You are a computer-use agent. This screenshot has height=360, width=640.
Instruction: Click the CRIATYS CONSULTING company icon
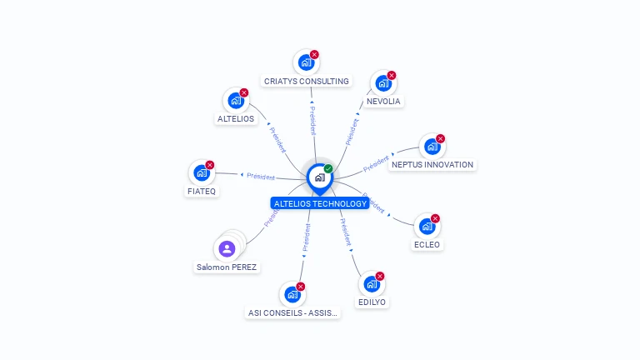[x=306, y=62]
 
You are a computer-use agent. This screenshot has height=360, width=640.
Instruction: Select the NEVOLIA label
[x=383, y=101]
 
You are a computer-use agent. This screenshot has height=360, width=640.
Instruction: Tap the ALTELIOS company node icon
[x=236, y=100]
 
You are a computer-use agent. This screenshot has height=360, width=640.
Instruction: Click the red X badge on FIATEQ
[x=210, y=165]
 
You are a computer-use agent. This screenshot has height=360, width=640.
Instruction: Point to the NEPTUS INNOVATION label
[x=432, y=164]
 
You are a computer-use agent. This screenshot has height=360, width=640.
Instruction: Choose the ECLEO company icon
[x=427, y=226]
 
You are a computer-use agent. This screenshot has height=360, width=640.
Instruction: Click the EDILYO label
[x=372, y=302]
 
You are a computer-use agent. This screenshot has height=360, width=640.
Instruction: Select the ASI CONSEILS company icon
[x=292, y=294]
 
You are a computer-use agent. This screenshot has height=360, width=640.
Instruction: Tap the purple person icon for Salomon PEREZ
[x=227, y=248]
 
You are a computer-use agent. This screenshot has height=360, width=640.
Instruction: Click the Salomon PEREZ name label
[x=227, y=267]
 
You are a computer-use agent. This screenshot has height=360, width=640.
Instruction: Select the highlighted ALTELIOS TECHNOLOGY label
[x=320, y=203]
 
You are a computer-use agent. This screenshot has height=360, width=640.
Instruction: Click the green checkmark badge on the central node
[x=328, y=168]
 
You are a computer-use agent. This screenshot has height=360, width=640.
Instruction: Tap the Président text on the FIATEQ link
[x=261, y=177]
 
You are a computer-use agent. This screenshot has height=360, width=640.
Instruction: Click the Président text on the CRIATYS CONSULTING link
[x=312, y=120]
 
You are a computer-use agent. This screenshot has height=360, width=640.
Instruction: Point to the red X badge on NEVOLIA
[x=392, y=75]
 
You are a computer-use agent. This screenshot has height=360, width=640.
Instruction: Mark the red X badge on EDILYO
[x=380, y=276]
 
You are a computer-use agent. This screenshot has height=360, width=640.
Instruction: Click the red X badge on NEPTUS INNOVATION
[x=440, y=138]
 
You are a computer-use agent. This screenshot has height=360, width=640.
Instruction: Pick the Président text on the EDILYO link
[x=346, y=232]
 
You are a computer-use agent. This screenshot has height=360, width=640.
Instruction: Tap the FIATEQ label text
[x=202, y=191]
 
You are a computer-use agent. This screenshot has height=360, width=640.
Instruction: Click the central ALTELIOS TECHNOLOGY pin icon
[x=320, y=178]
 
